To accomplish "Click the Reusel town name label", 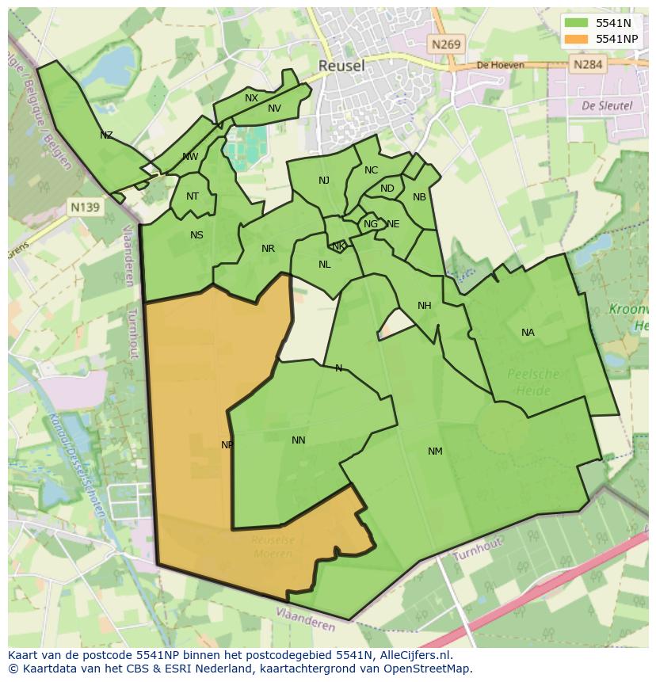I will [x=341, y=66].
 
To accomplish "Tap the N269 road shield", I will [x=446, y=45].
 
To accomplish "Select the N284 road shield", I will [x=587, y=64].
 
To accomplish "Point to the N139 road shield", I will [x=85, y=208].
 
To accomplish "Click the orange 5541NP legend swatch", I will [x=578, y=39].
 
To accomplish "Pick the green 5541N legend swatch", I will [x=578, y=23].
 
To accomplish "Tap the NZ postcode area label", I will [x=106, y=135].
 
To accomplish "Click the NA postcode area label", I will [x=528, y=333].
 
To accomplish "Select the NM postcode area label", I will [x=435, y=451].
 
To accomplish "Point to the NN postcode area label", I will [x=299, y=440].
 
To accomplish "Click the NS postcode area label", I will [x=196, y=235].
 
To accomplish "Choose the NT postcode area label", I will [x=193, y=196].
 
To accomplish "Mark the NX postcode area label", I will [x=251, y=98].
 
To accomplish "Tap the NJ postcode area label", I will [x=324, y=181].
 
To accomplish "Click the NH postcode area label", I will [x=425, y=306].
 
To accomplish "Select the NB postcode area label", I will [x=419, y=197].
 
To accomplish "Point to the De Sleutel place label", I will [x=607, y=105].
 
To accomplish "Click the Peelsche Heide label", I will [x=532, y=382].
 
